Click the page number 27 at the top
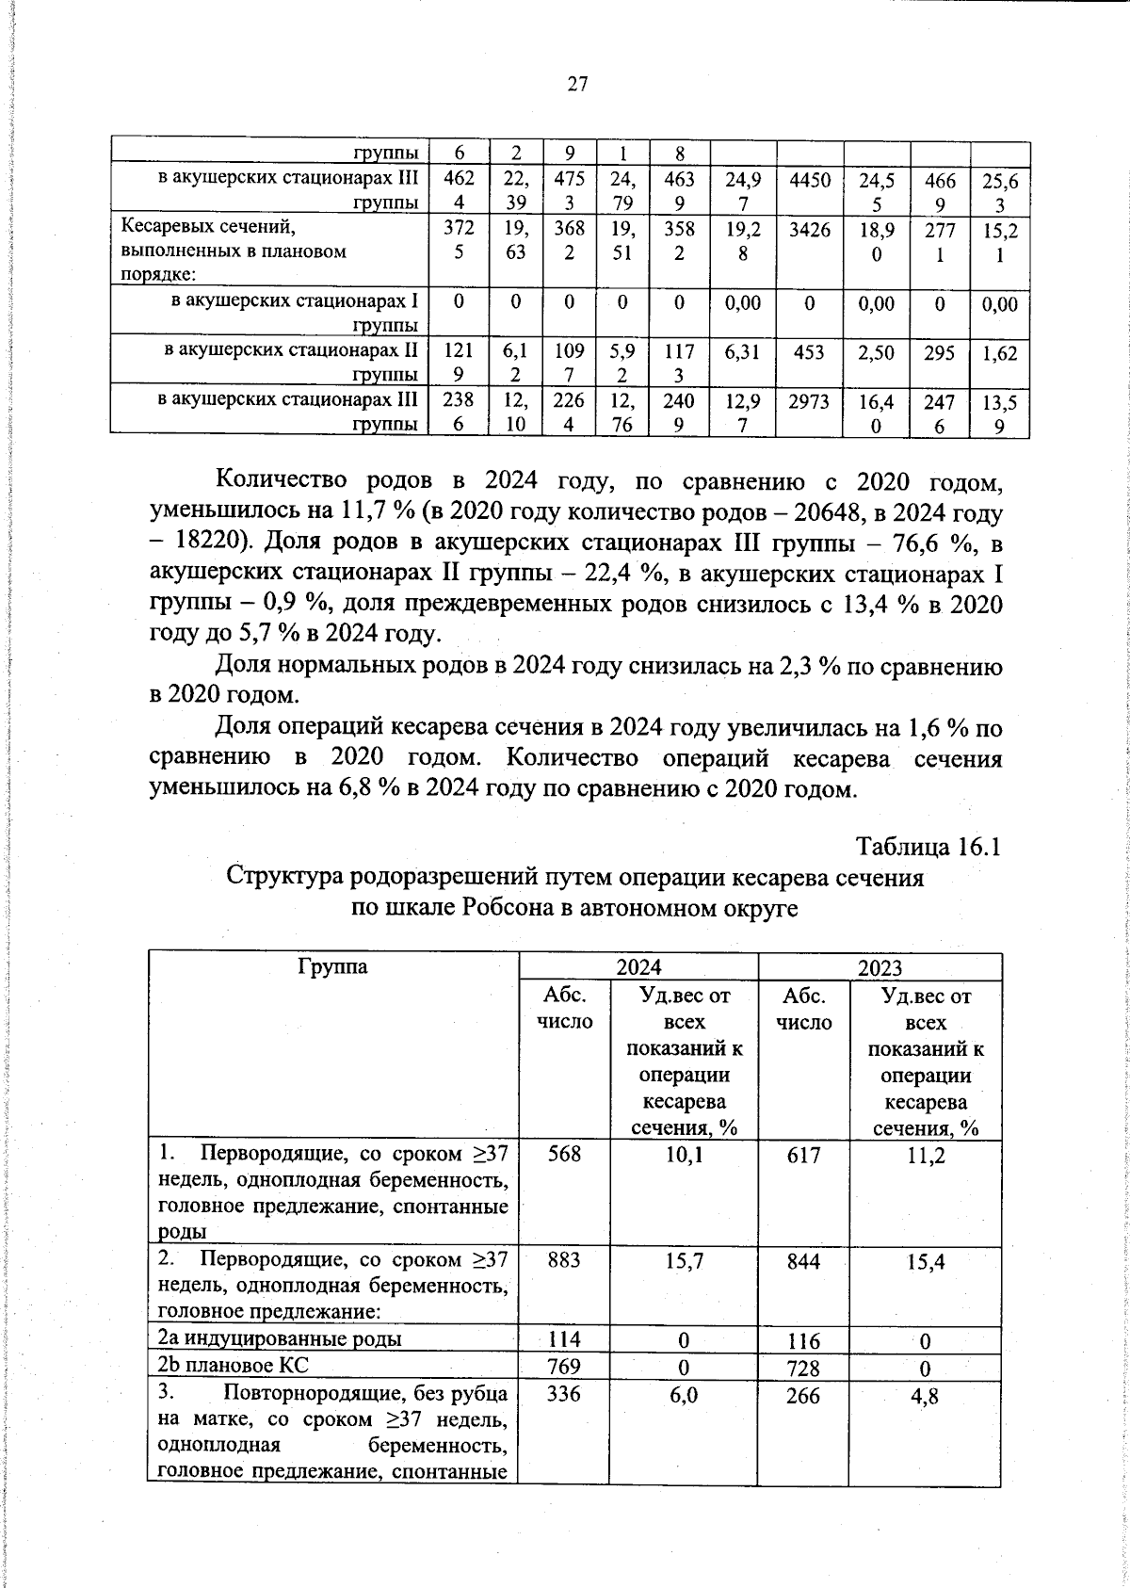576,84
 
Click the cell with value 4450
809,179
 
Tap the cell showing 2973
809,400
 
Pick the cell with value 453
809,351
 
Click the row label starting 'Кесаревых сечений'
210,228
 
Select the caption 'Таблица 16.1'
927,847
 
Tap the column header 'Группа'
332,965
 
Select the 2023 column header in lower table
879,967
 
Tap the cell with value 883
563,1260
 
